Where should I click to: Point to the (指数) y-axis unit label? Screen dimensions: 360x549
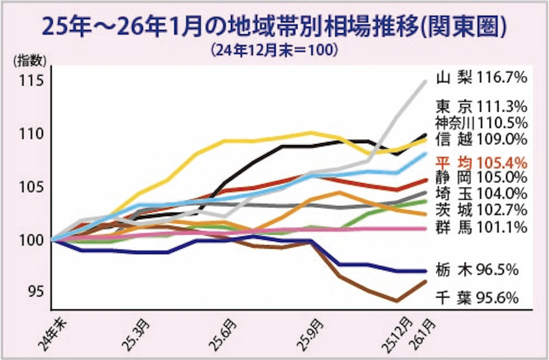pyautogui.click(x=30, y=61)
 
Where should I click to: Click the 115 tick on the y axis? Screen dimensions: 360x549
pyautogui.click(x=32, y=81)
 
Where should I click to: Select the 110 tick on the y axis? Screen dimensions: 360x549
pyautogui.click(x=32, y=134)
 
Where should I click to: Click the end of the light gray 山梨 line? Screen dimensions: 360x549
pyautogui.click(x=425, y=81)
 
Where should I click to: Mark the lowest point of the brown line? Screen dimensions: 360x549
pyautogui.click(x=397, y=301)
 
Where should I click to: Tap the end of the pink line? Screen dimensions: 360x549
pyautogui.click(x=425, y=229)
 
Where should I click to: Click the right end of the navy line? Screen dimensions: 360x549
pyautogui.click(x=425, y=271)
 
